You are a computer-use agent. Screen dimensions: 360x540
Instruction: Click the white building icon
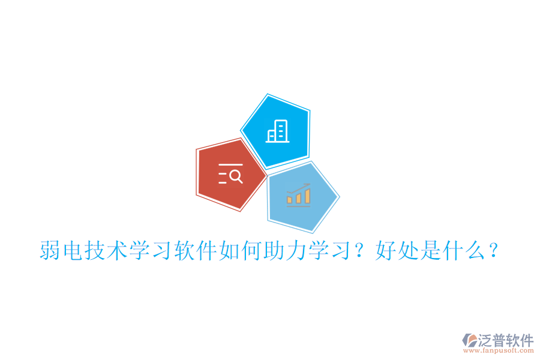click(277, 131)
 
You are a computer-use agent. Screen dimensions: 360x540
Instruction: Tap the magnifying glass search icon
click(230, 173)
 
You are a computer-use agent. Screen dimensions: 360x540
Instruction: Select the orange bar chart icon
click(298, 195)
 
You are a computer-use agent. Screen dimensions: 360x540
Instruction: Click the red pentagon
click(230, 174)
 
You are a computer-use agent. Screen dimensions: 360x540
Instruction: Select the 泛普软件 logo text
click(505, 340)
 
